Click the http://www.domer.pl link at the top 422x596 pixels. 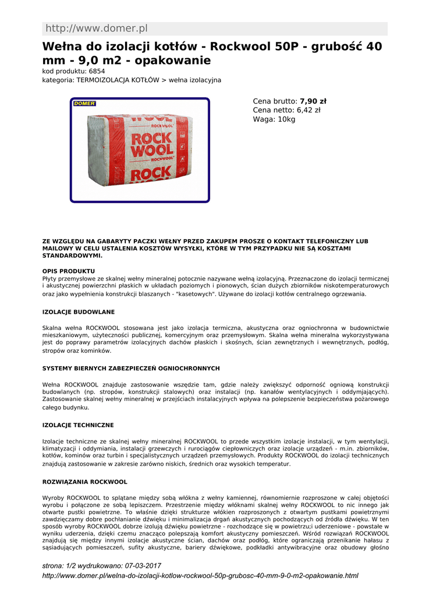point(97,29)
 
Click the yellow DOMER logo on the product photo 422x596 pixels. point(84,104)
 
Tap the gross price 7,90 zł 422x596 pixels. point(313,101)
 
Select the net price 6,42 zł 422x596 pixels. point(308,110)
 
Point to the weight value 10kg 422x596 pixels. point(286,119)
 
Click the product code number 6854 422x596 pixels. point(97,71)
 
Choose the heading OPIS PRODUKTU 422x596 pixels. point(69,271)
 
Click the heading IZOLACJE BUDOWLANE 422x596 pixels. point(79,312)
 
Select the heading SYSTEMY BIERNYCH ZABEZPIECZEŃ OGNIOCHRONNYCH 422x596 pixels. point(131,368)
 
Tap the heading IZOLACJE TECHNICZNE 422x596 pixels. point(78,425)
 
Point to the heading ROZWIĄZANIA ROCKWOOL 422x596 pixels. point(85,482)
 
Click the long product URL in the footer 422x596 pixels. point(201,576)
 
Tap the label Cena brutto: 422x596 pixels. point(275,101)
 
